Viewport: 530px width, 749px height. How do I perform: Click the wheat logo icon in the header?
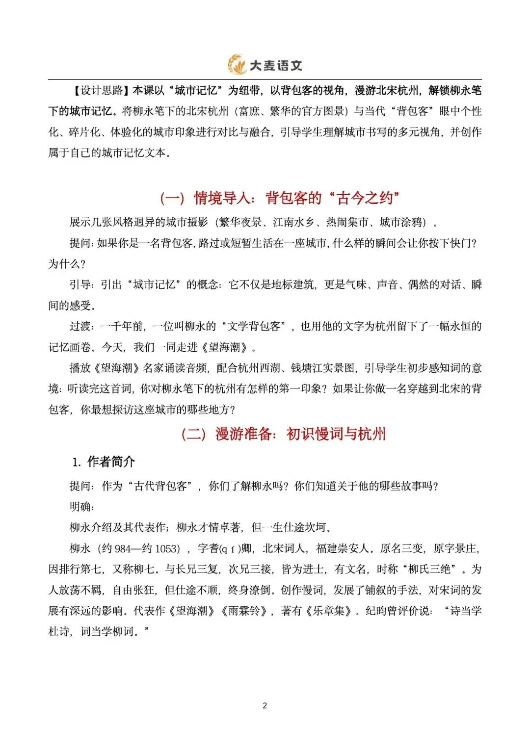click(x=237, y=65)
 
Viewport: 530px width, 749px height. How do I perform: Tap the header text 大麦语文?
click(x=276, y=66)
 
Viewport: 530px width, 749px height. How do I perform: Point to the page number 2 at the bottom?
click(x=265, y=706)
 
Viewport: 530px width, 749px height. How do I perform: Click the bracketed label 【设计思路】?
click(x=101, y=91)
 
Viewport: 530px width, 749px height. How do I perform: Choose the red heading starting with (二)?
click(x=283, y=434)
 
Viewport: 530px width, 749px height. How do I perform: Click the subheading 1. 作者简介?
click(x=104, y=462)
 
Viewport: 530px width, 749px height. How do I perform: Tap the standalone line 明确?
click(x=82, y=507)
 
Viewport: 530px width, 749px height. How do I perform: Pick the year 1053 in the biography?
click(x=167, y=548)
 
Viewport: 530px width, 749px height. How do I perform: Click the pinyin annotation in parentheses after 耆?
click(x=229, y=548)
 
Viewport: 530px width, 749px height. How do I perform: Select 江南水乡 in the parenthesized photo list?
click(x=293, y=222)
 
